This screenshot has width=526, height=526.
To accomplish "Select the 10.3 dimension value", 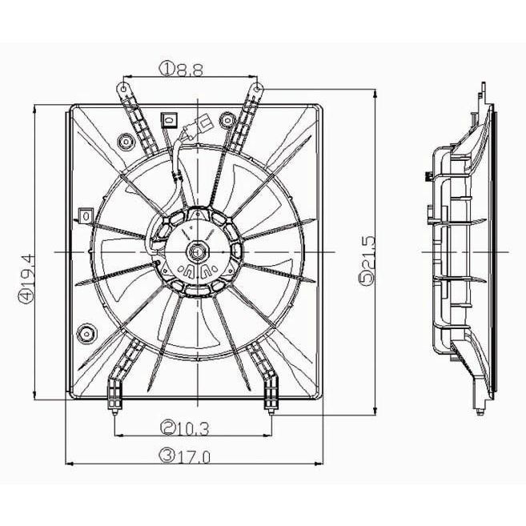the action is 194,428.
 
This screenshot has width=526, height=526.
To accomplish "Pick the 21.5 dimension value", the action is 367,253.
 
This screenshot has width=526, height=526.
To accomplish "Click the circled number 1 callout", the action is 167,70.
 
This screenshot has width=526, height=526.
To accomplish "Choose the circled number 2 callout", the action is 168,428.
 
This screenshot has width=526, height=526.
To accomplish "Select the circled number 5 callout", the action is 367,278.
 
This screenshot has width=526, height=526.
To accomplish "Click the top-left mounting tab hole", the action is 124,89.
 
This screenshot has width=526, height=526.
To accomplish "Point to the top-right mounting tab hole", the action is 257,89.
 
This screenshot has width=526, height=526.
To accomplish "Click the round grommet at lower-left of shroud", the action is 87,334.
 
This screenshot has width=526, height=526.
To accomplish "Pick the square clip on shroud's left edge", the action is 86,215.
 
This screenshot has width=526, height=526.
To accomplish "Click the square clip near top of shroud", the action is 170,120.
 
